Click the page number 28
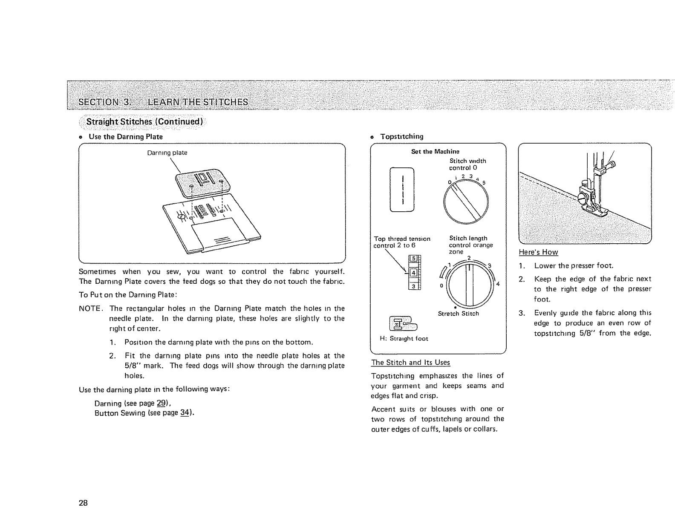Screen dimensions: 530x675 point(83,503)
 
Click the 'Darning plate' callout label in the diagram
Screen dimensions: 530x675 point(167,153)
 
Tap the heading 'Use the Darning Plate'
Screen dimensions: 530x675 point(125,137)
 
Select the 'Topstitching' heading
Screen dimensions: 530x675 point(401,136)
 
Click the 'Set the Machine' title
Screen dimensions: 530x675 point(435,151)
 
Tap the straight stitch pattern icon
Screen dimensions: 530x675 point(402,190)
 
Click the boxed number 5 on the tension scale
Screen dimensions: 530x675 point(412,258)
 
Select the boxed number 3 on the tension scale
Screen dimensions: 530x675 point(412,286)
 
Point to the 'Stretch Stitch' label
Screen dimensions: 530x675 point(458,314)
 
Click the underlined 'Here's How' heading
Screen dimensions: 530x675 point(538,252)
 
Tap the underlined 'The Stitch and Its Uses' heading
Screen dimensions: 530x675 point(410,363)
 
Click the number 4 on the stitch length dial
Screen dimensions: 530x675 point(497,284)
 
